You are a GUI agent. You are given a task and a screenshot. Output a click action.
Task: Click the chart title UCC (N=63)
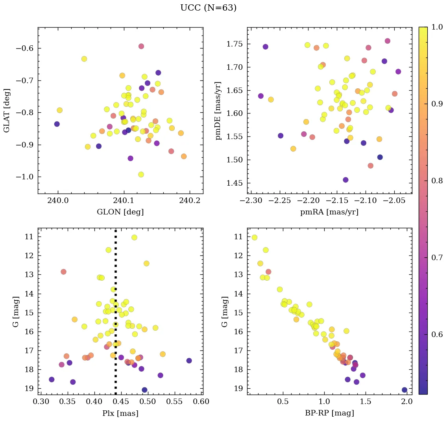coord(208,8)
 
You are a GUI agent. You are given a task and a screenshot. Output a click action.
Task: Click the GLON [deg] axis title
coord(120,212)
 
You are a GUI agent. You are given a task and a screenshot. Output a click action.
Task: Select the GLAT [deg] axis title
coord(7,110)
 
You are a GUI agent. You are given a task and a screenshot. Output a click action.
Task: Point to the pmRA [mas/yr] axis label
coord(329,212)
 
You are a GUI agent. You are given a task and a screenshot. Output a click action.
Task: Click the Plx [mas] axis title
coord(120,413)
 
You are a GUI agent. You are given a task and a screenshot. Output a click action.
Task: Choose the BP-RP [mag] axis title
coord(329,413)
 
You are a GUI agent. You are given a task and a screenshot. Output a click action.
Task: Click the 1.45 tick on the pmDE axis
coord(234,183)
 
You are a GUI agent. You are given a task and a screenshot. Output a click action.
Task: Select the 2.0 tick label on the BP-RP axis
coord(407,402)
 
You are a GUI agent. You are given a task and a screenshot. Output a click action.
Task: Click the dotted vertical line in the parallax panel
coord(115,315)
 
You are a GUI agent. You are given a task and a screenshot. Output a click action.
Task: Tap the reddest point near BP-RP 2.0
coord(405,390)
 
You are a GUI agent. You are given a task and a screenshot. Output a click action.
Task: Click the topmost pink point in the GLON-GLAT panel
coord(141,47)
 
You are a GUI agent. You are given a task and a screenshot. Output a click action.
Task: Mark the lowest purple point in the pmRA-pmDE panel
coord(345,180)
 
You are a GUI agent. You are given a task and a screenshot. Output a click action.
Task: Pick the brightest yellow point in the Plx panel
coord(134,237)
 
